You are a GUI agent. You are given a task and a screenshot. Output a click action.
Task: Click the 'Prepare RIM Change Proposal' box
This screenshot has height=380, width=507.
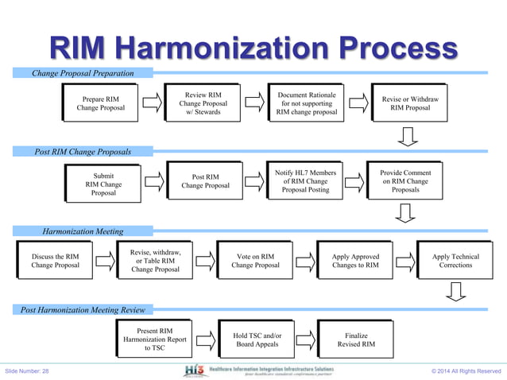(x=100, y=103)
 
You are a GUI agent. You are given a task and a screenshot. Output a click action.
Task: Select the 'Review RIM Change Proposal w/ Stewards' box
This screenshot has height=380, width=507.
(x=203, y=103)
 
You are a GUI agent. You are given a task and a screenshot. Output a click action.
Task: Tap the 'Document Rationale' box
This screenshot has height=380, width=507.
(x=306, y=103)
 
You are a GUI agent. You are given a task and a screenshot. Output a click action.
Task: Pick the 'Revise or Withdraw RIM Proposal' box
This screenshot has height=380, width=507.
(x=410, y=103)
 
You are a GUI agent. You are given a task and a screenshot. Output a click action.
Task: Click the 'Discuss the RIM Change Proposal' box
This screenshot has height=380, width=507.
(x=55, y=262)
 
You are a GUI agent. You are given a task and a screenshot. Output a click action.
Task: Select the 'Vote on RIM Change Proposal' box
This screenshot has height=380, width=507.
(x=255, y=262)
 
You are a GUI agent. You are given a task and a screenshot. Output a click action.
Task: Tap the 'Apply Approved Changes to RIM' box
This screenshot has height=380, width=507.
(x=355, y=262)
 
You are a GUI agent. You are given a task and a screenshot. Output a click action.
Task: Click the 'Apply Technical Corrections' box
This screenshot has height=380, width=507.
(x=455, y=262)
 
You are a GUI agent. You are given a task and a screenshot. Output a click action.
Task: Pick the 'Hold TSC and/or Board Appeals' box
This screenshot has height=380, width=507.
(x=257, y=341)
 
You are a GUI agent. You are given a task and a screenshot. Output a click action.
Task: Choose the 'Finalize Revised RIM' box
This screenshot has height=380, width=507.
(x=356, y=341)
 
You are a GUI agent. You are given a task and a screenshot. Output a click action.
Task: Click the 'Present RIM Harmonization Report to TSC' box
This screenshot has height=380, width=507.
(x=155, y=337)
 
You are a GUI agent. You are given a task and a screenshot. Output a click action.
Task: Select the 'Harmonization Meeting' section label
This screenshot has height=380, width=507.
(x=83, y=231)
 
